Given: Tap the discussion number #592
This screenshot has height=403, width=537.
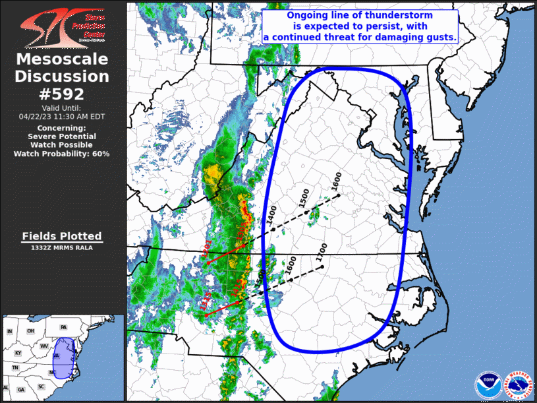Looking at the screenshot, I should tap(62, 94).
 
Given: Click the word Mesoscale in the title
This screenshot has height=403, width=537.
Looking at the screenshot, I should tap(62, 59).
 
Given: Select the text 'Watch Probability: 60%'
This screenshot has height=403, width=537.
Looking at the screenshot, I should tap(62, 154).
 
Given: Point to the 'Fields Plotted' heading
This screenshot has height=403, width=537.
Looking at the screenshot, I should tap(62, 235).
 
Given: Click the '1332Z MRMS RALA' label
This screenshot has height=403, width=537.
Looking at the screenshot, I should tap(62, 248).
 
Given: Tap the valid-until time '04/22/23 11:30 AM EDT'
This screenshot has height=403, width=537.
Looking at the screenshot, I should tap(62, 116).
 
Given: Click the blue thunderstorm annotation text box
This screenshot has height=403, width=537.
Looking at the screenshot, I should tap(360, 27).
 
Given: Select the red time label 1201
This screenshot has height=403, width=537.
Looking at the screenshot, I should tap(205, 253).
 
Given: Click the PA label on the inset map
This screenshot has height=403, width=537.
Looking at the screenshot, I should tap(63, 328).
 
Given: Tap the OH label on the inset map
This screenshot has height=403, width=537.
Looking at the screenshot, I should tap(30, 330).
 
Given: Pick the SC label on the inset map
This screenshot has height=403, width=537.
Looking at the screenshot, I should tap(41, 386).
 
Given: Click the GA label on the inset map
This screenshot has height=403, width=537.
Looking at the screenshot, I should tap(21, 390).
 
